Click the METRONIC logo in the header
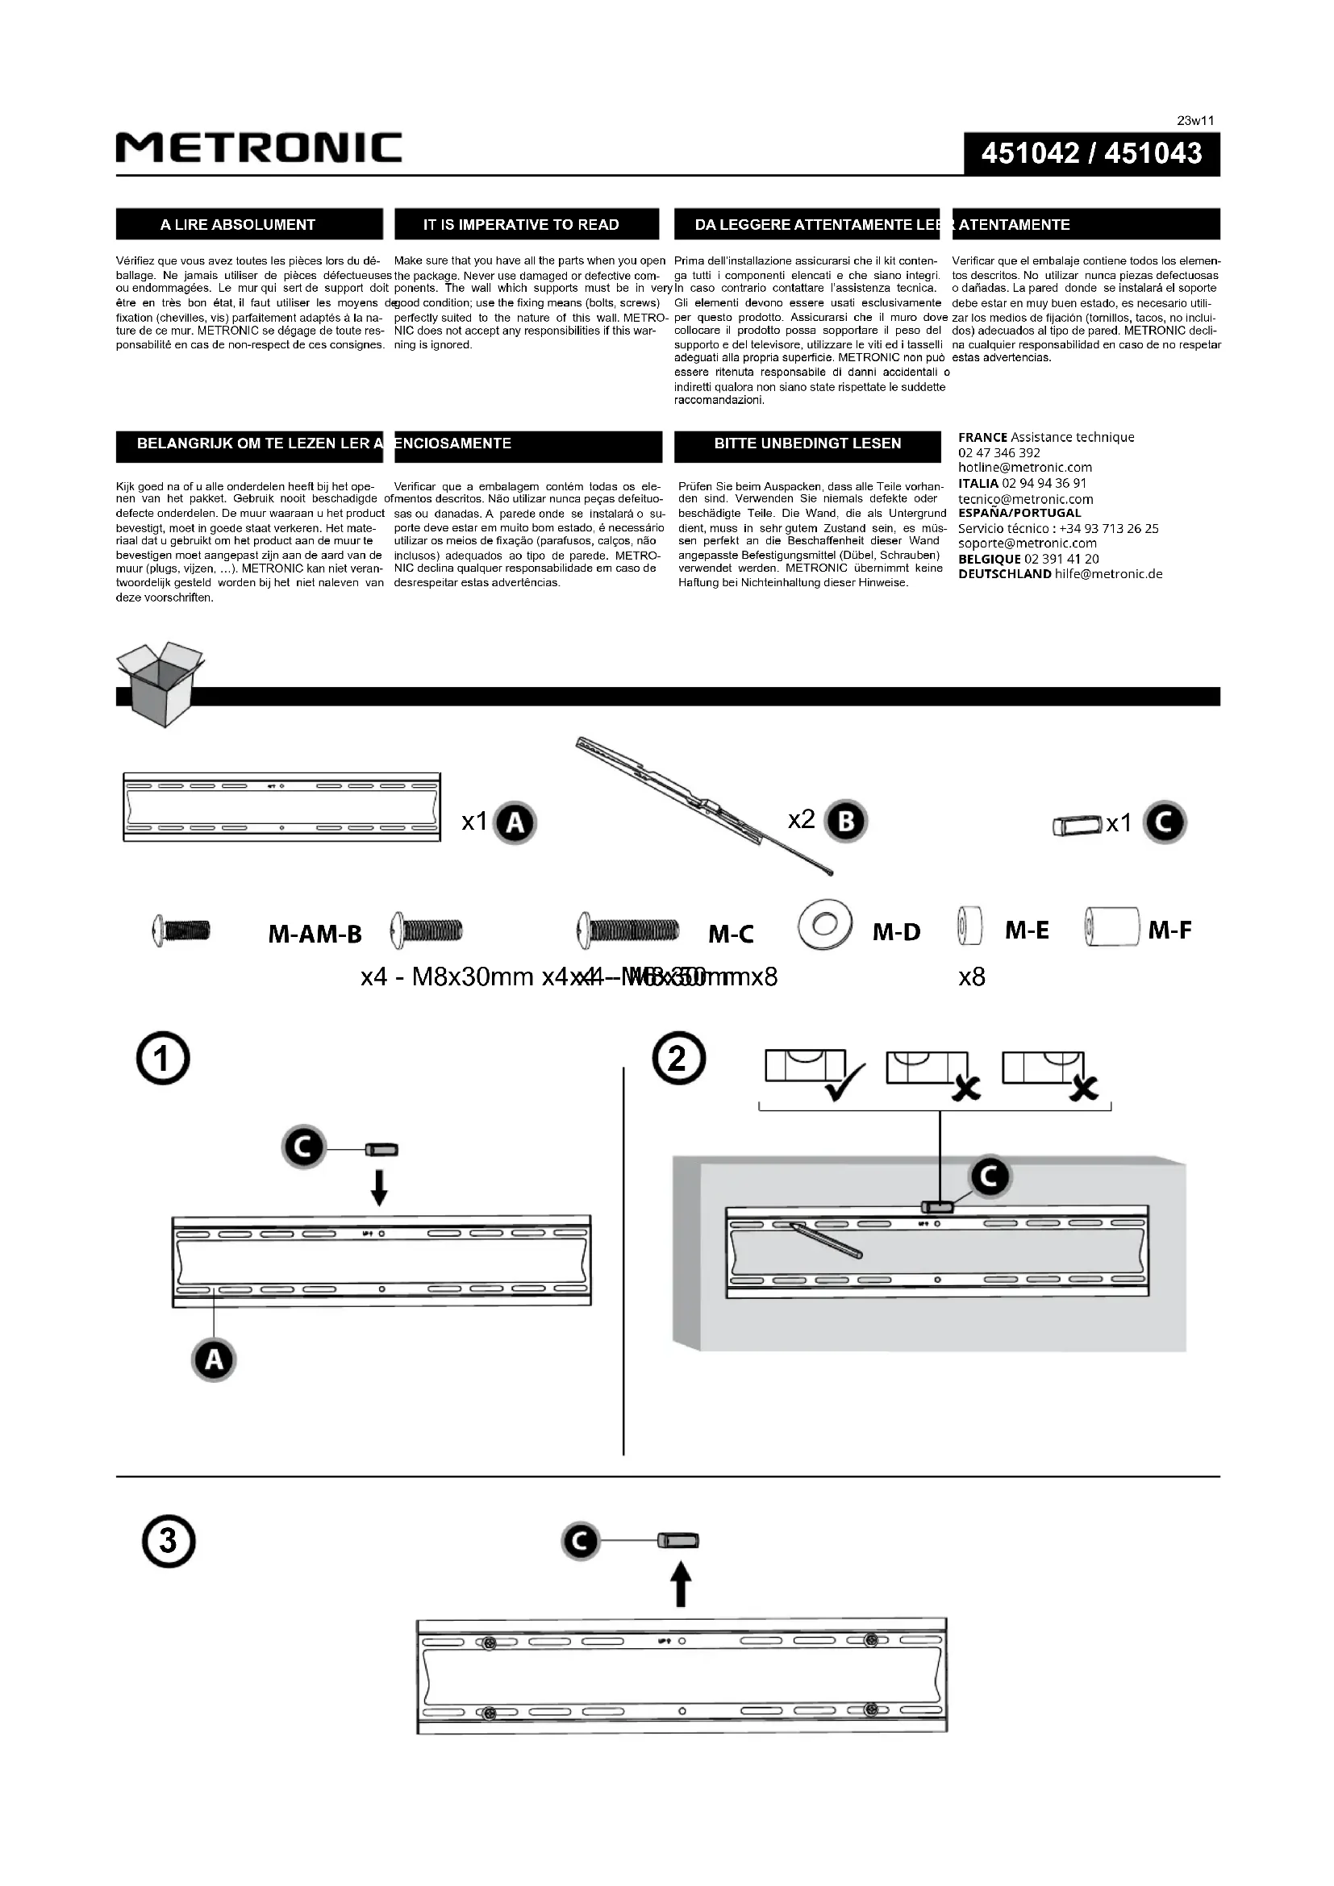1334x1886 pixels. pyautogui.click(x=259, y=148)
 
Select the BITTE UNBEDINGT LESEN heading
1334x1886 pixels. pyautogui.click(x=807, y=443)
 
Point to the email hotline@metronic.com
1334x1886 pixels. pyautogui.click(x=1024, y=468)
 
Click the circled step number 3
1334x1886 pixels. pyautogui.click(x=168, y=1540)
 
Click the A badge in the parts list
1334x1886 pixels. pyautogui.click(x=515, y=823)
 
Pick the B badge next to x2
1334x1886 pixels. pyautogui.click(x=846, y=822)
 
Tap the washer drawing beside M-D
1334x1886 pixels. pyautogui.click(x=824, y=926)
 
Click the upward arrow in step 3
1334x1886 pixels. pyautogui.click(x=681, y=1584)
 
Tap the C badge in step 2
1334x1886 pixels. pyautogui.click(x=990, y=1178)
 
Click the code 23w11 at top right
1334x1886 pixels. pyautogui.click(x=1195, y=121)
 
